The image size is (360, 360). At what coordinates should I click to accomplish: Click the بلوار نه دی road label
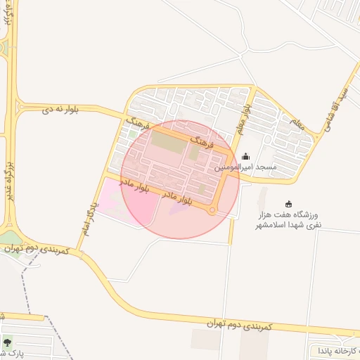click(60, 110)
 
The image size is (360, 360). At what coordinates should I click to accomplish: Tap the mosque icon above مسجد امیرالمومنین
click(245, 156)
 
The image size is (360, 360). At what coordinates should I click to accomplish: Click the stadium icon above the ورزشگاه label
click(289, 203)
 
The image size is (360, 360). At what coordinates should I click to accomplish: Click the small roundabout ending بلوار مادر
click(212, 210)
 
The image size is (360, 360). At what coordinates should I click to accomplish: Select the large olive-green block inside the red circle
click(166, 141)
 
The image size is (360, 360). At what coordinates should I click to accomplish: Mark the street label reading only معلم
click(296, 124)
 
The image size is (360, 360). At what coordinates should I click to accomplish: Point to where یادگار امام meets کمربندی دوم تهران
click(78, 250)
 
